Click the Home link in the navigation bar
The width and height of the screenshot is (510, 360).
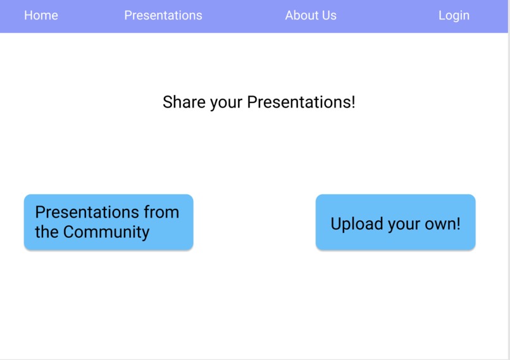click(x=41, y=15)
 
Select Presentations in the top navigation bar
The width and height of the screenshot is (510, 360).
click(x=163, y=15)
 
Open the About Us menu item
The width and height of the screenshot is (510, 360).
click(x=311, y=15)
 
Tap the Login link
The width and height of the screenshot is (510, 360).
click(x=454, y=15)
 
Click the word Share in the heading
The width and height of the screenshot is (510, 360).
click(x=183, y=102)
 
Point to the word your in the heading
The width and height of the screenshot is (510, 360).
click(x=226, y=102)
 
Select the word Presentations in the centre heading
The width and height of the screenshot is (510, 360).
click(x=298, y=102)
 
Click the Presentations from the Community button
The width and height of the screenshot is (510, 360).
click(x=108, y=222)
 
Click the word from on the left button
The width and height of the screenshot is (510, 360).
click(x=161, y=212)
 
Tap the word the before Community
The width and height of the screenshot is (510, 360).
click(x=47, y=232)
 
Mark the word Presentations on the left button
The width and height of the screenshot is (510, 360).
click(x=87, y=212)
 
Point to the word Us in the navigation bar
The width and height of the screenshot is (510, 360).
click(x=330, y=15)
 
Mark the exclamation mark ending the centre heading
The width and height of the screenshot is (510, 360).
click(x=353, y=102)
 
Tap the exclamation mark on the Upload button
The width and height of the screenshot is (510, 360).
click(x=458, y=223)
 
